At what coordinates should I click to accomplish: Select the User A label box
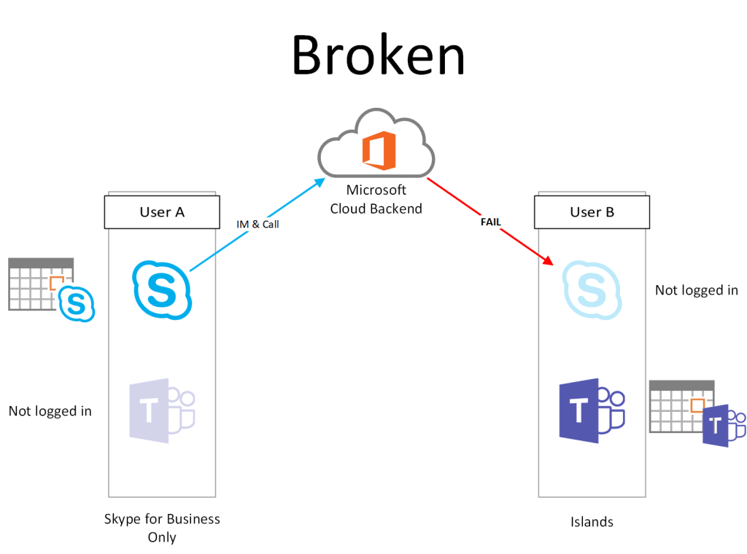[162, 212]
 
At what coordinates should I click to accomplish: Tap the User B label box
[592, 212]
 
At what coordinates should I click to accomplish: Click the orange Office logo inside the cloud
[379, 151]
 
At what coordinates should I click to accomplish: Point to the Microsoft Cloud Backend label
[376, 199]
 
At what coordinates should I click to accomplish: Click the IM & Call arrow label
[258, 225]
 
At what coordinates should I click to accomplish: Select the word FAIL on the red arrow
[490, 222]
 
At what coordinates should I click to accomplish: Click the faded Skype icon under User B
[592, 290]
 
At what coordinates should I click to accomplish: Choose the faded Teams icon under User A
[162, 410]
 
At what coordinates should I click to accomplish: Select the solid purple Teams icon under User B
[592, 410]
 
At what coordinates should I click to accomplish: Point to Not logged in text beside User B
[696, 290]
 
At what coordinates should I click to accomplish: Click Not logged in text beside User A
[50, 411]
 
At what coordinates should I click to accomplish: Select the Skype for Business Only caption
[162, 528]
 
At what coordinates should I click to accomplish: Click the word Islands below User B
[592, 522]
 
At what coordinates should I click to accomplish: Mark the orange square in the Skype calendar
[57, 283]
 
